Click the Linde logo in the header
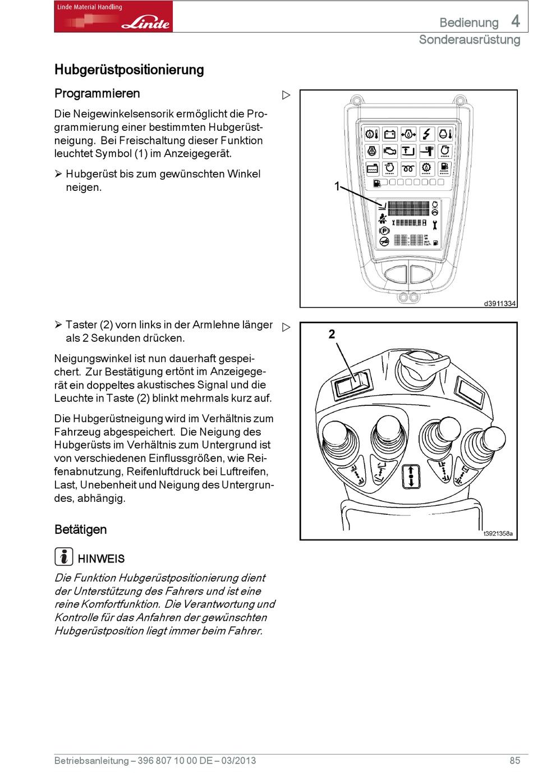click(113, 16)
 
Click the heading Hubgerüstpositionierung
click(129, 70)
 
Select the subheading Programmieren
click(97, 93)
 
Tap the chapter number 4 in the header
click(515, 21)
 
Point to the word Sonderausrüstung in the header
click(470, 40)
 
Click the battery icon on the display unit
click(389, 134)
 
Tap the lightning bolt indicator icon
click(427, 134)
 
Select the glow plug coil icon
click(408, 168)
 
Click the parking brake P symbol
click(384, 231)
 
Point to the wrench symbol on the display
click(435, 225)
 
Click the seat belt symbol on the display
click(383, 219)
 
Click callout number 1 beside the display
click(337, 186)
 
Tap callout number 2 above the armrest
click(332, 335)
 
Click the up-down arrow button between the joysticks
click(411, 476)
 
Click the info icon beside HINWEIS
click(64, 556)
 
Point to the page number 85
click(514, 761)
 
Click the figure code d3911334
click(499, 304)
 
